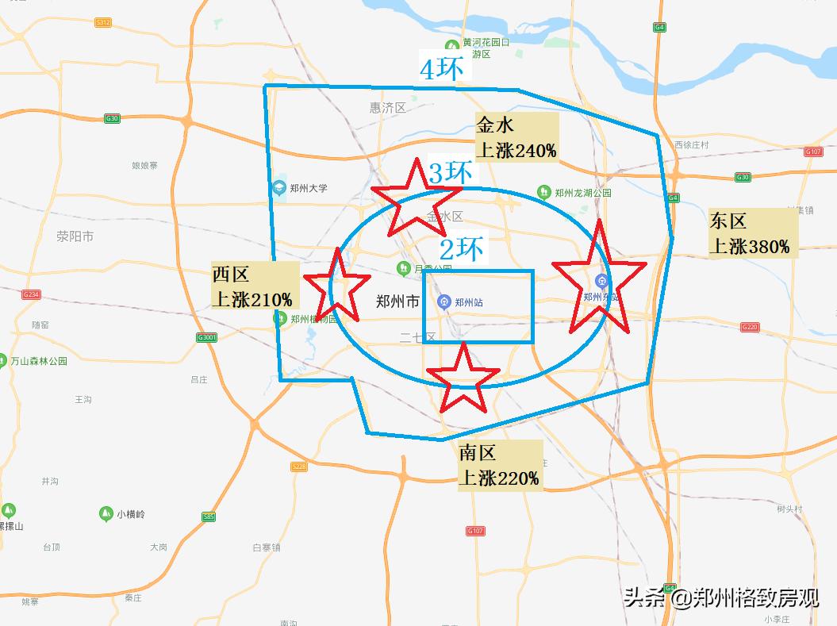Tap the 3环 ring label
[x=451, y=173]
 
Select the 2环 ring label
[x=461, y=249]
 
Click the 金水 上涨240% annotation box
[x=516, y=138]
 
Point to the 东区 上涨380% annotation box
[x=751, y=233]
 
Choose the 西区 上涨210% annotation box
[x=252, y=287]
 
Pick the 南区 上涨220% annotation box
[x=500, y=466]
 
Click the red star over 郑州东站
[x=597, y=279]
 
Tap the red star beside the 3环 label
[x=415, y=197]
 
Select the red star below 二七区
[x=463, y=379]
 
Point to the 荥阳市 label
[x=75, y=236]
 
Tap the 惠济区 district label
[x=388, y=108]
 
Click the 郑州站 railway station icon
[x=443, y=302]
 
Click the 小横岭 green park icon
[x=106, y=514]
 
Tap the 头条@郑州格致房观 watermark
[x=720, y=597]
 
